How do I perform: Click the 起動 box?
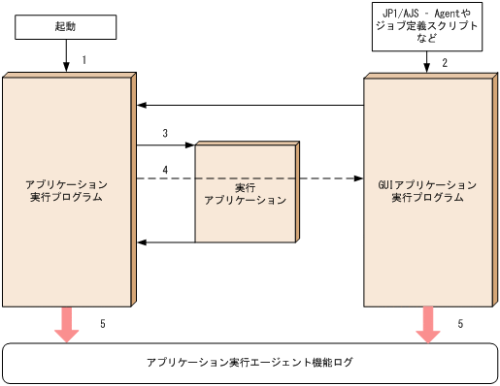[x=66, y=26]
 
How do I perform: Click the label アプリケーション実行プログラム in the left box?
[x=66, y=190]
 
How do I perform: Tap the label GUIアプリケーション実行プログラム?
[x=427, y=190]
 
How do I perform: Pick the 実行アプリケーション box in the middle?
[x=246, y=193]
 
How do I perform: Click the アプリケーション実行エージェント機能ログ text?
[x=250, y=363]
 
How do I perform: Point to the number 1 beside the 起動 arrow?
[x=84, y=60]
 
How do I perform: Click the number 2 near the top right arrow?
[x=445, y=63]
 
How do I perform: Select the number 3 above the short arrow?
[x=165, y=133]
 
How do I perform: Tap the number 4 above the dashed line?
[x=165, y=170]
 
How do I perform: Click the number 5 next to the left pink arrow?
[x=103, y=323]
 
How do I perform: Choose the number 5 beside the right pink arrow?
[x=460, y=323]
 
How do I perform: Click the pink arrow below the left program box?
[x=66, y=324]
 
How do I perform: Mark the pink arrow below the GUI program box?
[x=427, y=324]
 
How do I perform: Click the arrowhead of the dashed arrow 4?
[x=358, y=179]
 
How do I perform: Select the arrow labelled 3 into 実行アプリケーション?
[x=166, y=145]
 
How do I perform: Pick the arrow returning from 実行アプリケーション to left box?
[x=166, y=241]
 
